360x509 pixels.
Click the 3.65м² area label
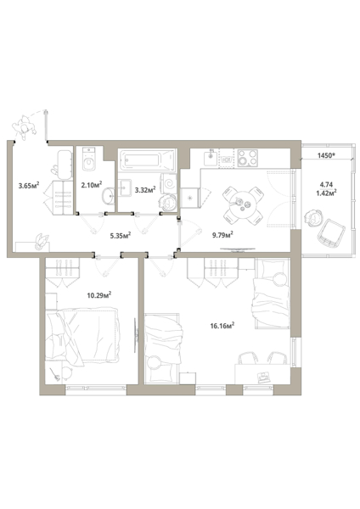click(x=29, y=185)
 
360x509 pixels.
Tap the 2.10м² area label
click(x=92, y=185)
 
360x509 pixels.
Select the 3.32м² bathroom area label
click(x=145, y=189)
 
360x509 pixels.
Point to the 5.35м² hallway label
click(x=121, y=235)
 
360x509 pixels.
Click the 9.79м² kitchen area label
click(x=223, y=235)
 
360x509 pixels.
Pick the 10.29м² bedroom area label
click(x=99, y=295)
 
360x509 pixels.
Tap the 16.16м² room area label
click(x=222, y=326)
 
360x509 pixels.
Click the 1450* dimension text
click(x=326, y=155)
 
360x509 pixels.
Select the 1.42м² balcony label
click(x=326, y=193)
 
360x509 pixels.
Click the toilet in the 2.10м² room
click(x=88, y=159)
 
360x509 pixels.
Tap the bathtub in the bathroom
click(x=147, y=159)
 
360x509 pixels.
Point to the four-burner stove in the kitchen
click(x=247, y=158)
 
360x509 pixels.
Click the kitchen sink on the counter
click(x=211, y=159)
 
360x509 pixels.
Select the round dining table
click(x=243, y=205)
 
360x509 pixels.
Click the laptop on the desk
click(x=263, y=376)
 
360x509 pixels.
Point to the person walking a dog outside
click(x=24, y=126)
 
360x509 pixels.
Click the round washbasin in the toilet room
click(x=108, y=196)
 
